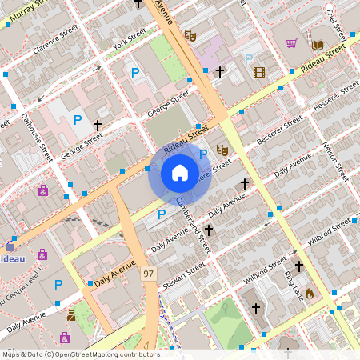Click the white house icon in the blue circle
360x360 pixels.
[x=180, y=172]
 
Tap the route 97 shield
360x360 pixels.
[x=148, y=274]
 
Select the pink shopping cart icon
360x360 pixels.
[x=292, y=43]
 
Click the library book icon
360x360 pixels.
[x=318, y=45]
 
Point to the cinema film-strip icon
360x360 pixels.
[x=258, y=72]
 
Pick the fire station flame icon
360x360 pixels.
[x=310, y=294]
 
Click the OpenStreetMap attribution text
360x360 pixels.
[x=80, y=354]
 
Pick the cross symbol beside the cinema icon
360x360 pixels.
[x=219, y=72]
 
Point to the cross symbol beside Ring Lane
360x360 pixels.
[x=298, y=266]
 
